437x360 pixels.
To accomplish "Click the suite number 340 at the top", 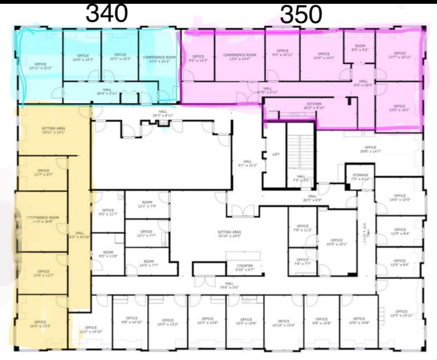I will (x=107, y=14).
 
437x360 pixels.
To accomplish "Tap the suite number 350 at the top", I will (x=301, y=15).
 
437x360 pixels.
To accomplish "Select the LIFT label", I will (x=276, y=155).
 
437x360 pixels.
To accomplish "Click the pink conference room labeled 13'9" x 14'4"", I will (x=240, y=57).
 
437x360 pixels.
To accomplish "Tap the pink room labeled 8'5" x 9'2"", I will (x=360, y=48).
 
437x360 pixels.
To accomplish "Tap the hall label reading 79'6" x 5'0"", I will (x=229, y=285).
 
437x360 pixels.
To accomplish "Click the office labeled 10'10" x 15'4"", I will (x=284, y=323).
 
